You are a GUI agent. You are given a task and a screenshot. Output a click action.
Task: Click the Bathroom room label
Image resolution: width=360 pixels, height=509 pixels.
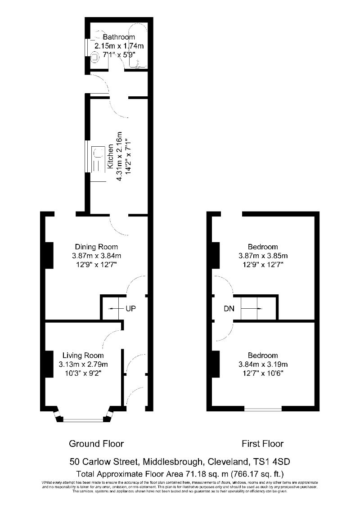[119, 37]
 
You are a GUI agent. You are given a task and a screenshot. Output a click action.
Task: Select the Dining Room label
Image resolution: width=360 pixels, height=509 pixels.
[96, 247]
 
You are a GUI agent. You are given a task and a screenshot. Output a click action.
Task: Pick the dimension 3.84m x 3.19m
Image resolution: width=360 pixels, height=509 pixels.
[263, 364]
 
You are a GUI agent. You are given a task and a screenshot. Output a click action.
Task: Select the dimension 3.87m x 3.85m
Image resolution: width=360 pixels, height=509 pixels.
[263, 256]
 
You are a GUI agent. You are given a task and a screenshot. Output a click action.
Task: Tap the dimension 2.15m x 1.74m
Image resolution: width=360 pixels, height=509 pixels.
[119, 46]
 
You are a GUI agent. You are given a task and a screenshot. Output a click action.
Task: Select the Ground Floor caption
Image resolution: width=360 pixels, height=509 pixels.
[96, 444]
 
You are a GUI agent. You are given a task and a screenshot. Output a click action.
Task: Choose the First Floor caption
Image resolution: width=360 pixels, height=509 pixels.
[263, 444]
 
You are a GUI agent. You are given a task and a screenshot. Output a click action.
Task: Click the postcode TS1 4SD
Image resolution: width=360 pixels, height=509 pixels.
[274, 462]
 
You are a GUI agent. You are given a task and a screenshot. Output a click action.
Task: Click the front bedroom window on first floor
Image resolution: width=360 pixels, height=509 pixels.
[263, 409]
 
